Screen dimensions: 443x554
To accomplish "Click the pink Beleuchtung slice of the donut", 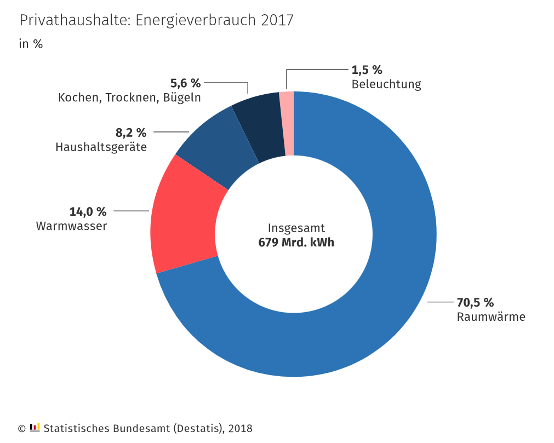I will coord(287,123).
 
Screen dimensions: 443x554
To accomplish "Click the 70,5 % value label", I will coord(475,302).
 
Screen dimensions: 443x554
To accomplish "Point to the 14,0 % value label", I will coord(88,211).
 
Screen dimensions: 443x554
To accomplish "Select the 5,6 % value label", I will coord(185,83).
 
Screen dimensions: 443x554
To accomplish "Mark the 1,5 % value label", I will coord(367,70).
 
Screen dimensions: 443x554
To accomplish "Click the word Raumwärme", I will coord(491,317).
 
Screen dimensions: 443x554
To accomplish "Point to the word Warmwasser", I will coord(71,226).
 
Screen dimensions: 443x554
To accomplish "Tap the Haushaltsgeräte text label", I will coord(101,147).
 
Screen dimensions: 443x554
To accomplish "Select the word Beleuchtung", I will coord(386,84).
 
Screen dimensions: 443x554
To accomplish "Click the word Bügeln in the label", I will coord(182,98).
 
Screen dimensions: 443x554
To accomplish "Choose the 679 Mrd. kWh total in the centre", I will coord(296,243).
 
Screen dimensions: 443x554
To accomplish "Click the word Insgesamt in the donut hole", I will coord(296,228).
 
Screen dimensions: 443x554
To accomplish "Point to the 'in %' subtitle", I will coord(31,44).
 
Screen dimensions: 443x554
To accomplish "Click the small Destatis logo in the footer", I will coord(35,427).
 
